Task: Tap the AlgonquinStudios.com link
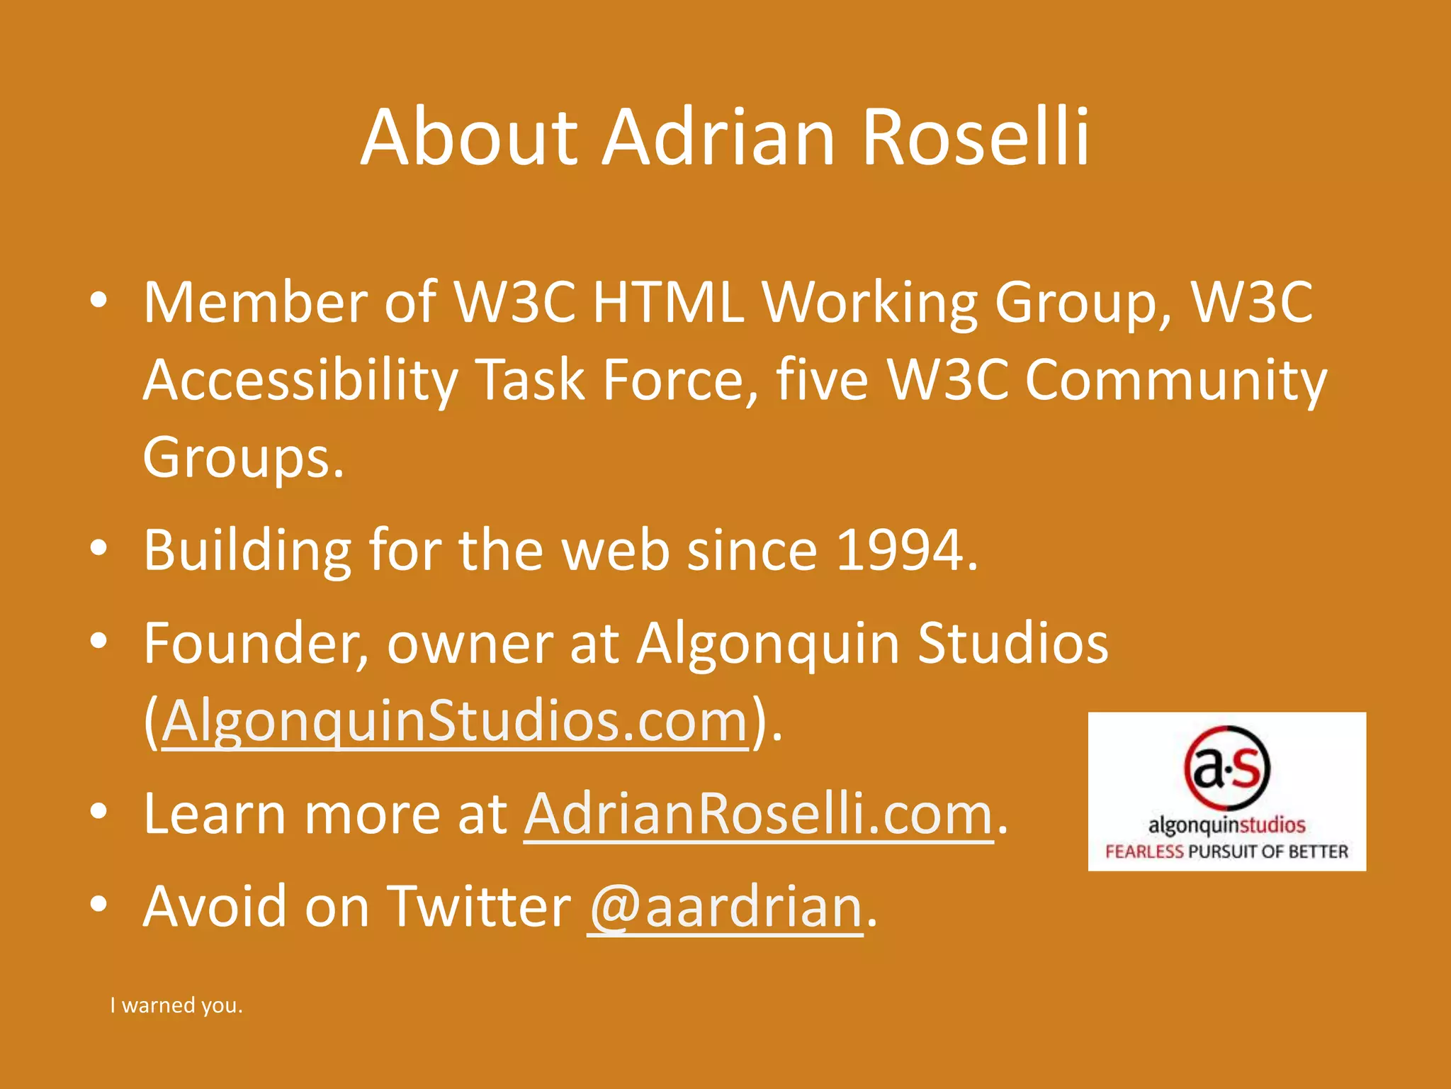point(456,721)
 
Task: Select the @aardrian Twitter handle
point(725,907)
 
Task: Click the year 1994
point(898,549)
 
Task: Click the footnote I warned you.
point(176,1005)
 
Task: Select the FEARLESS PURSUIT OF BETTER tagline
point(1226,851)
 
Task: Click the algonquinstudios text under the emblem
point(1226,825)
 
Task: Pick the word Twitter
point(480,907)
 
